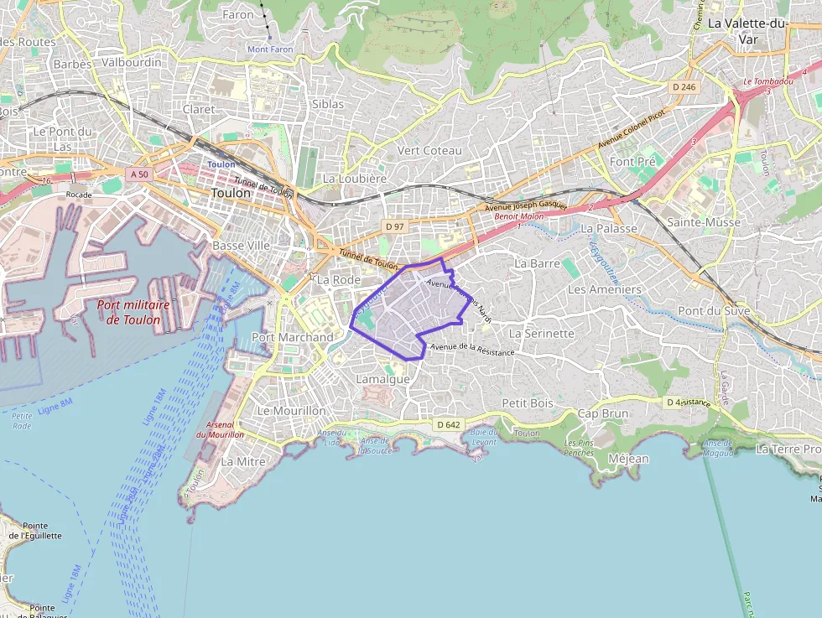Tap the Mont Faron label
[270, 49]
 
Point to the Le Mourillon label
[292, 411]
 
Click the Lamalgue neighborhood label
[382, 379]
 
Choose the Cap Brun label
[602, 413]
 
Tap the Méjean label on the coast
[628, 459]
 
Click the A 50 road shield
[139, 174]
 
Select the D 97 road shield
[394, 226]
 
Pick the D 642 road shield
[449, 425]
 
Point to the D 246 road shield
[684, 87]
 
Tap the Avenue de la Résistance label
[471, 350]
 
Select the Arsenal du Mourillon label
[220, 428]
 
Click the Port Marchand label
[292, 337]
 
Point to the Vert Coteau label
[429, 150]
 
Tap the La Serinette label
[542, 333]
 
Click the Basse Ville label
[241, 246]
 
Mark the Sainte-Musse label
[704, 222]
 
